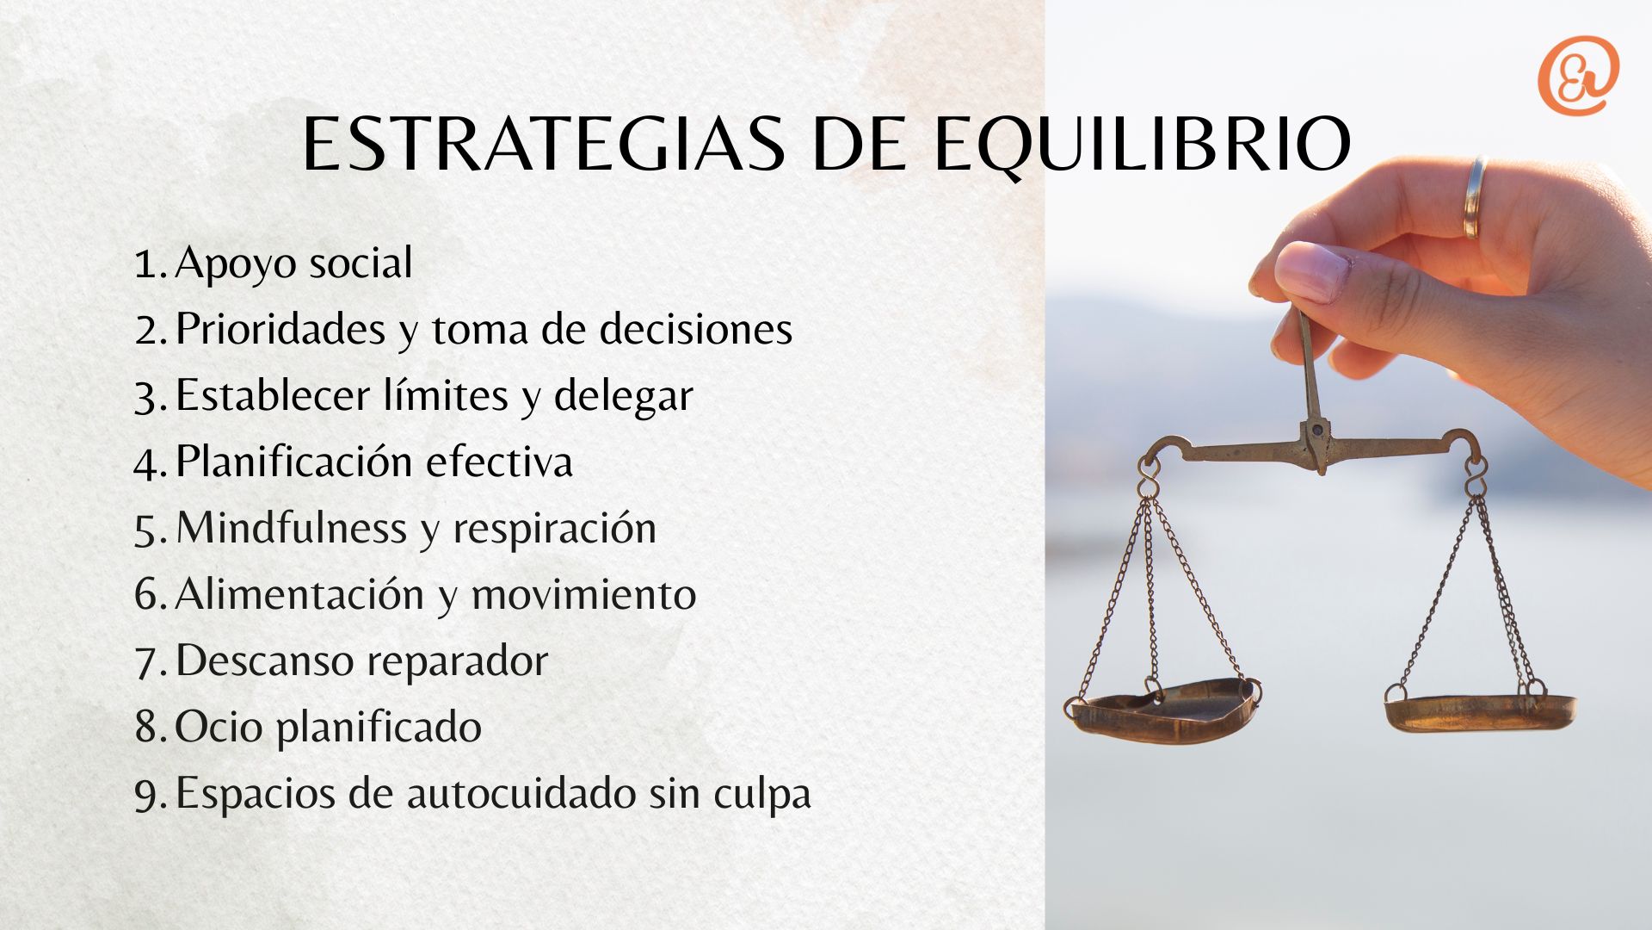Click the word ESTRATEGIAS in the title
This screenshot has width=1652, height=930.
544,143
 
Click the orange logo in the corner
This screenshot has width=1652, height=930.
1578,75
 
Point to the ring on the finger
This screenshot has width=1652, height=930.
1475,197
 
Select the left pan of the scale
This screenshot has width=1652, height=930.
1163,710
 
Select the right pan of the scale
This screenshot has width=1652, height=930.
1480,711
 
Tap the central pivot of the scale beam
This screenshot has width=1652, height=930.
1316,431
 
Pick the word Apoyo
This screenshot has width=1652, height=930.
237,263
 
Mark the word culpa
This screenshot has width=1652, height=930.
762,793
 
